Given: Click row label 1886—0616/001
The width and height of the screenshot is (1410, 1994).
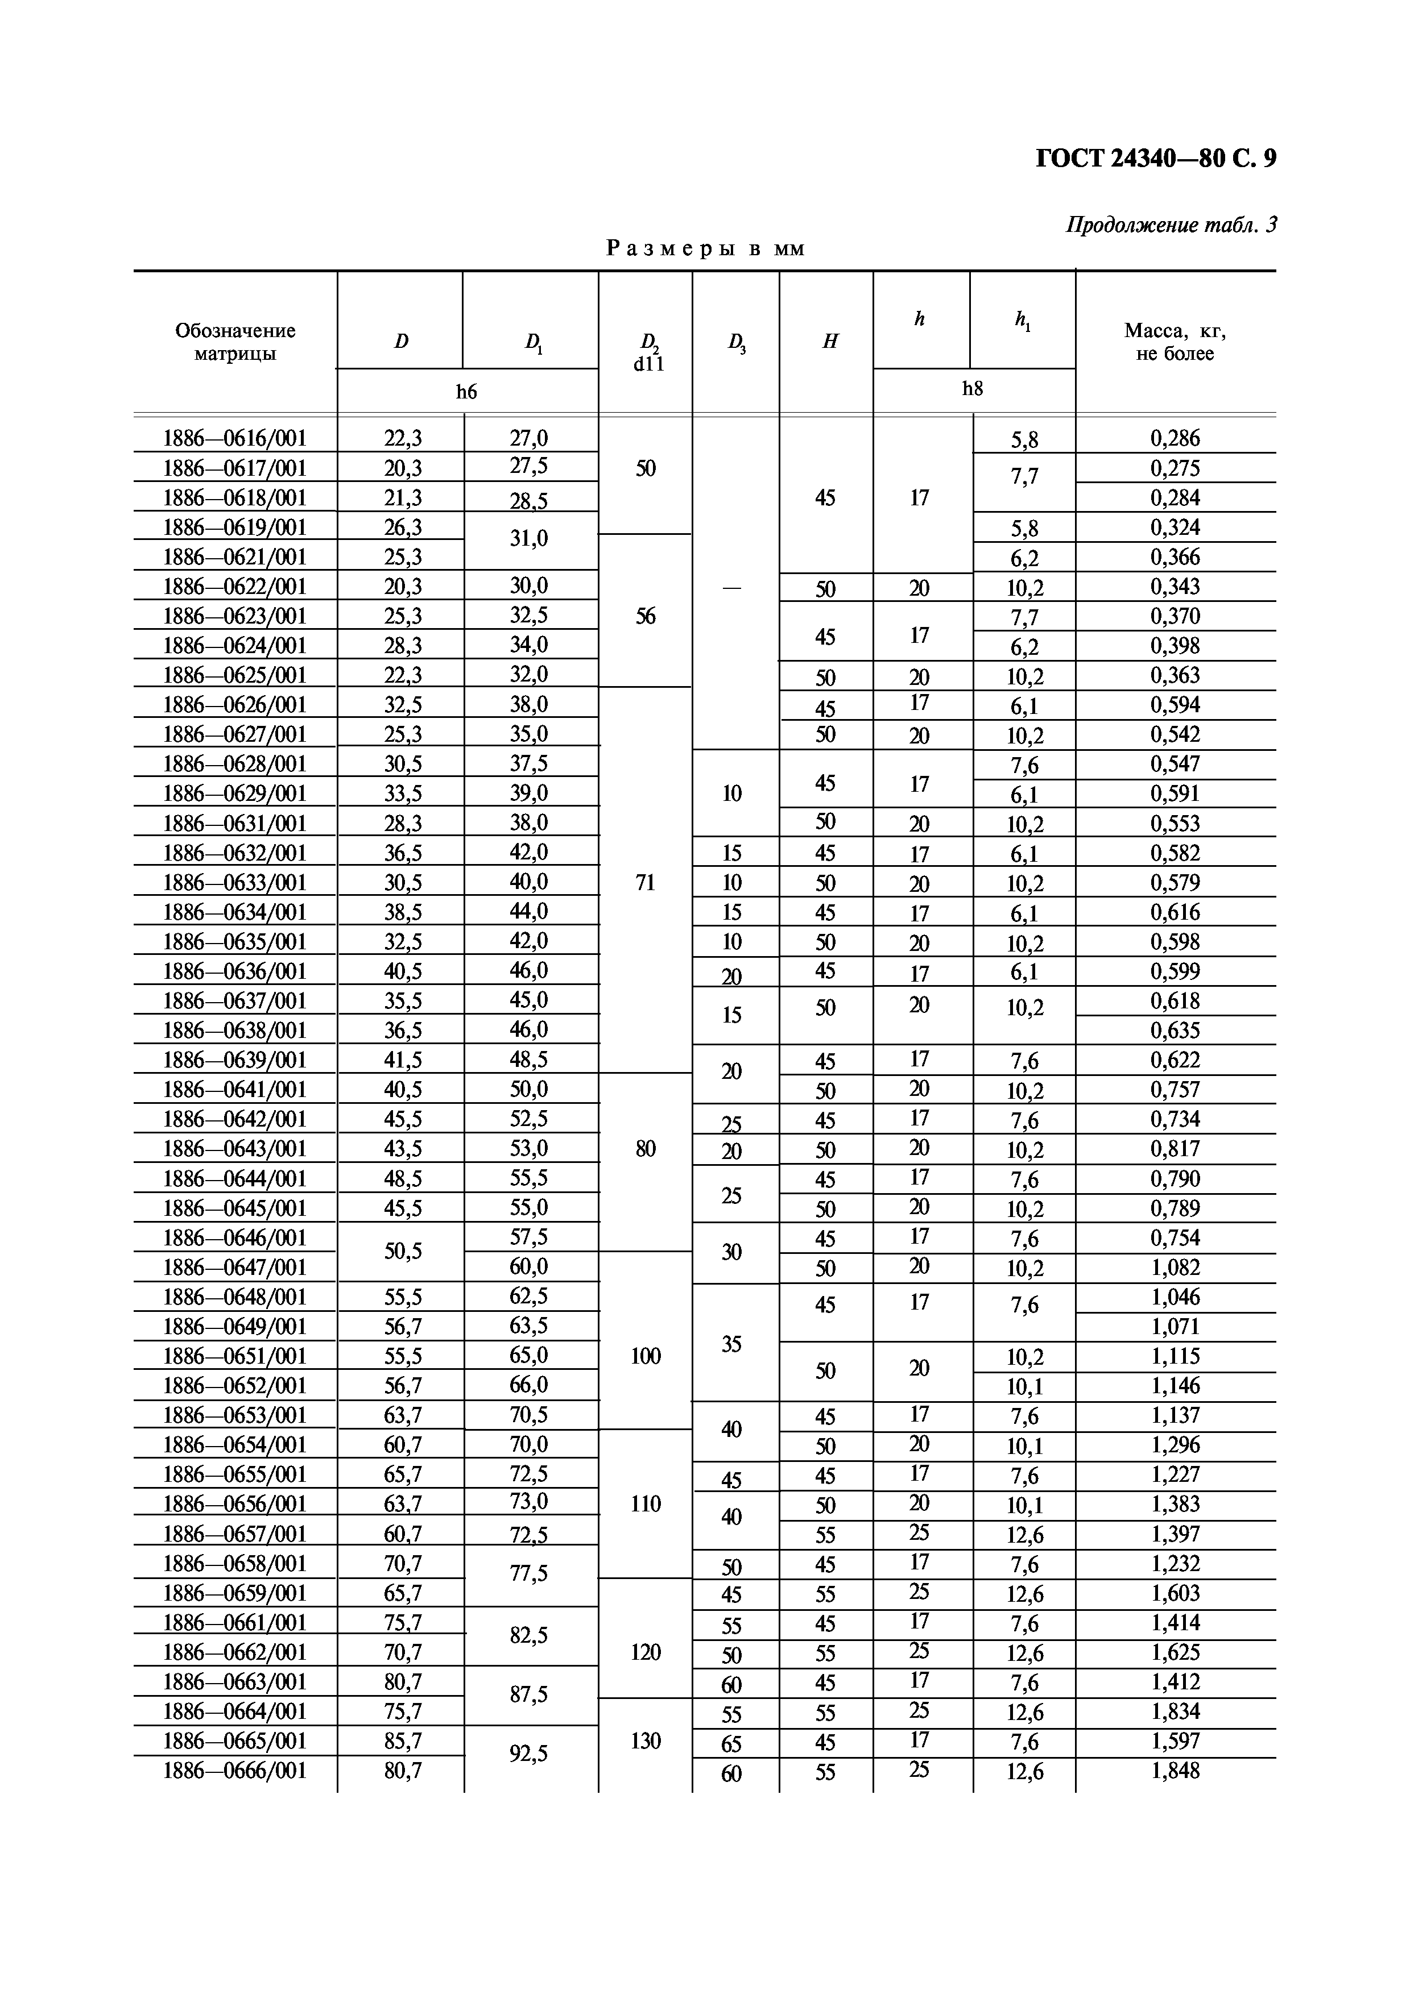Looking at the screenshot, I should point(235,439).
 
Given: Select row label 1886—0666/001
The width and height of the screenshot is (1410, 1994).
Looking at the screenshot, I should point(235,1770).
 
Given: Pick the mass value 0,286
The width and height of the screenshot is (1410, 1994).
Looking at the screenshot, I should point(1175,439).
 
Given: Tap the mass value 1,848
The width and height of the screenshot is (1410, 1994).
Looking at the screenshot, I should point(1175,1770).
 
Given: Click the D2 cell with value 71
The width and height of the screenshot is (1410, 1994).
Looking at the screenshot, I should point(646,882).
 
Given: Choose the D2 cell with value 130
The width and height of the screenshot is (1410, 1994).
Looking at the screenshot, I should point(646,1740).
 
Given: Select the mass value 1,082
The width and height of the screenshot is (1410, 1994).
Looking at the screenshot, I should point(1175,1267).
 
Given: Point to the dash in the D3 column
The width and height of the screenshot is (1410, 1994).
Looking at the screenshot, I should point(733,588).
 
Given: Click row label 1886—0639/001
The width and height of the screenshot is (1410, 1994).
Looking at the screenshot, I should point(235,1060).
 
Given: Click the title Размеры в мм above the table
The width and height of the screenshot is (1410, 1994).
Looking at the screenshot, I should point(705,249).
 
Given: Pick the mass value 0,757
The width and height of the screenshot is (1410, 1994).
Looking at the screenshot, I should point(1175,1090).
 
